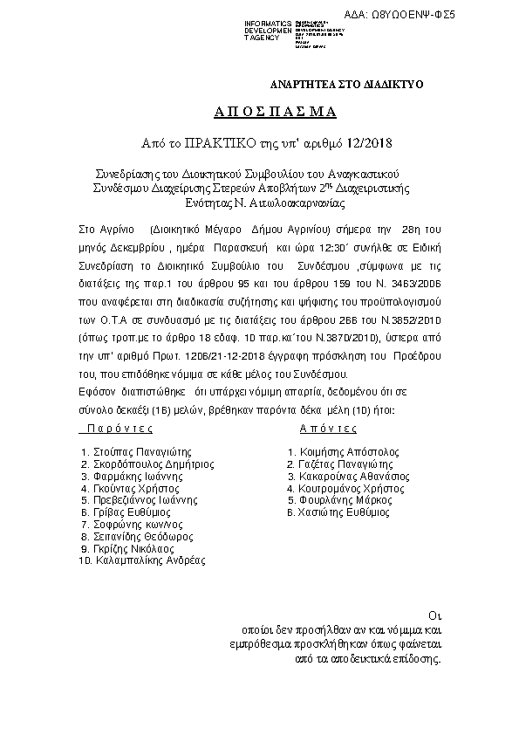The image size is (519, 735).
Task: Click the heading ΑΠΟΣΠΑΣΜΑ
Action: [263, 113]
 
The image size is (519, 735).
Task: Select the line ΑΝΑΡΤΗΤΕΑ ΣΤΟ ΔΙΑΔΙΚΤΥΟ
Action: [346, 85]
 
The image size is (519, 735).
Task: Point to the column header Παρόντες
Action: [116, 429]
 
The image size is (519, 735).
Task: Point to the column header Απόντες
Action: [328, 429]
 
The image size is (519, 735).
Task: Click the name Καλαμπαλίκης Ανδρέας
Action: [148, 561]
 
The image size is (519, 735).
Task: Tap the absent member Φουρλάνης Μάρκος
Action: [339, 501]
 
